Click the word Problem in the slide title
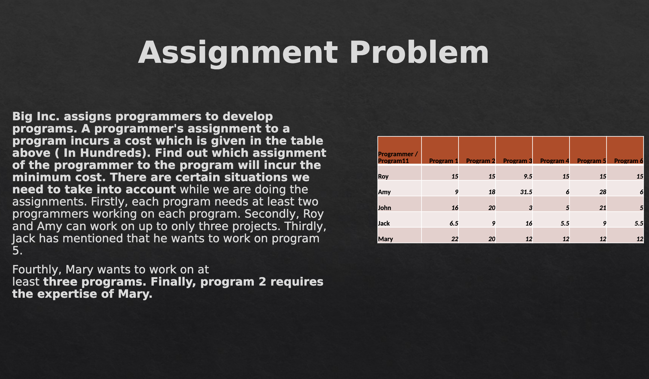(x=419, y=52)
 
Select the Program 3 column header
(x=518, y=161)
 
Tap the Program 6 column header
(x=629, y=161)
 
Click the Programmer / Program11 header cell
(x=398, y=157)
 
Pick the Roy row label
(x=383, y=176)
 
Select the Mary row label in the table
(x=386, y=239)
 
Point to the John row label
(x=384, y=208)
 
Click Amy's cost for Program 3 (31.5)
(x=526, y=192)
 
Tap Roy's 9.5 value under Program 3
(x=528, y=176)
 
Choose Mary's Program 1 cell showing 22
(x=455, y=239)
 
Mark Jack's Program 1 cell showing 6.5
(x=454, y=223)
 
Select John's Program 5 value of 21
(x=603, y=208)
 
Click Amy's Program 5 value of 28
(x=603, y=192)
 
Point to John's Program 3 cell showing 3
(x=531, y=208)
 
